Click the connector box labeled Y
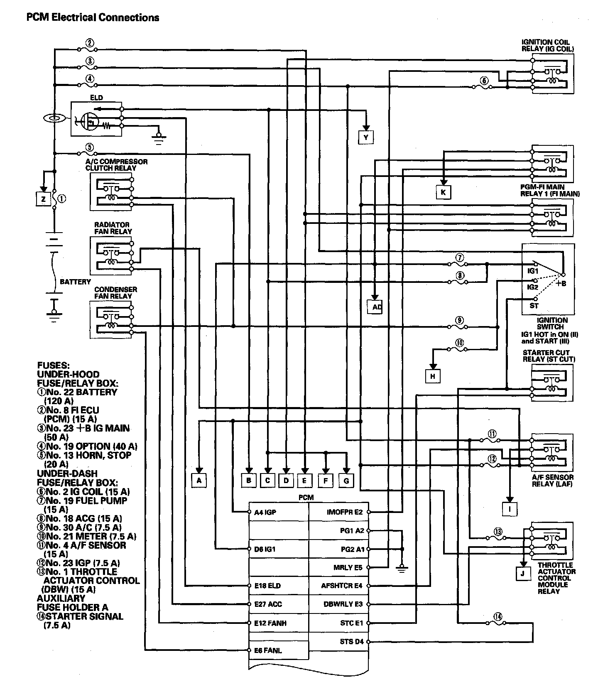pos(366,137)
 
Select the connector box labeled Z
pos(43,199)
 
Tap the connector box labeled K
pos(443,192)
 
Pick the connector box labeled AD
pos(376,307)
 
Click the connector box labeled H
pos(433,376)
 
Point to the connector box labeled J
pos(522,574)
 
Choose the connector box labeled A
pos(199,480)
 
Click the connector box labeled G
pos(346,481)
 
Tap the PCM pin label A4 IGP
pos(265,512)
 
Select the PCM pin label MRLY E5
pos(348,567)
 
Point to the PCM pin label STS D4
pos(351,642)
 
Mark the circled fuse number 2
pos(89,43)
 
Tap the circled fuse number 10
pos(460,343)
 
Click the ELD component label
pos(96,98)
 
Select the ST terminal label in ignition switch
pos(534,306)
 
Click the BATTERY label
pos(75,282)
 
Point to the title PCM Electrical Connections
pos(93,17)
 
